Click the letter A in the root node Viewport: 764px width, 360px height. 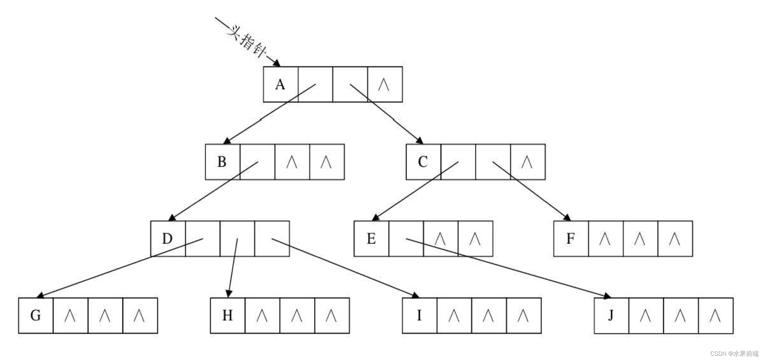280,84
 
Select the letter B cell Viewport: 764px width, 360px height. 222,162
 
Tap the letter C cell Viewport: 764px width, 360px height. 423,162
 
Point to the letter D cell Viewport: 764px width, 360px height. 167,239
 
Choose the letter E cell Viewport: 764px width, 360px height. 371,239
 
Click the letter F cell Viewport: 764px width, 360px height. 571,239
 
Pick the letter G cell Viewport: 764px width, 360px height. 36,315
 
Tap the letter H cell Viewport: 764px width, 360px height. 227,315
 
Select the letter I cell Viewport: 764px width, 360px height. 419,315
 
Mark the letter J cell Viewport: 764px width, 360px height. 611,315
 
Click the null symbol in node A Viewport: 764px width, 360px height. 384,85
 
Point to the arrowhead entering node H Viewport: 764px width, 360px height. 229,294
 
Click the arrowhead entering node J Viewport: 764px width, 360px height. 607,296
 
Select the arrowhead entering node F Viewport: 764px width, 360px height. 567,217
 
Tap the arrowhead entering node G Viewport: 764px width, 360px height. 40,295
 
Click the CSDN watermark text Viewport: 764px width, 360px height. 734,353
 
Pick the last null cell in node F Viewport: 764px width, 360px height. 675,239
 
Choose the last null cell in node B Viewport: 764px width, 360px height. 326,162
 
